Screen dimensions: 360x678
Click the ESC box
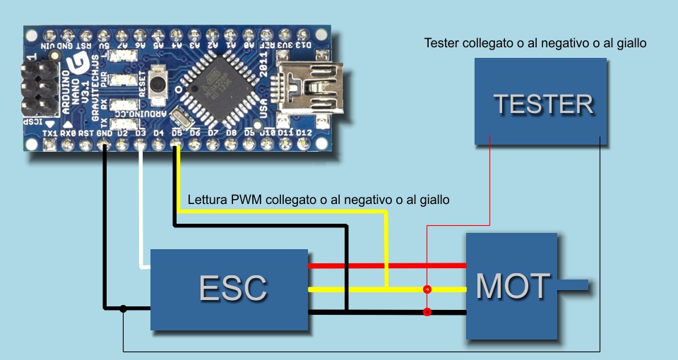[230, 289]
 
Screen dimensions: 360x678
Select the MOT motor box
[512, 287]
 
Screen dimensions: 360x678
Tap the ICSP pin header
[40, 88]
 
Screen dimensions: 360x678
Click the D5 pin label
[177, 132]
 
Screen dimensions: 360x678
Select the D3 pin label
[141, 132]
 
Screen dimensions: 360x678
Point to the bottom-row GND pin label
[104, 132]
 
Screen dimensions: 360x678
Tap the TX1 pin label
[49, 132]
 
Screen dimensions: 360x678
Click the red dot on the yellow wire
[427, 289]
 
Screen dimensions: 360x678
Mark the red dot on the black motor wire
[427, 311]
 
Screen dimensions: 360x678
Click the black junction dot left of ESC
[123, 308]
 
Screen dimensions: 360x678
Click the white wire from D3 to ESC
[142, 212]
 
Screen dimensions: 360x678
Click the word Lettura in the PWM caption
[207, 200]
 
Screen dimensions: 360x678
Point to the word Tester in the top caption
[441, 43]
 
